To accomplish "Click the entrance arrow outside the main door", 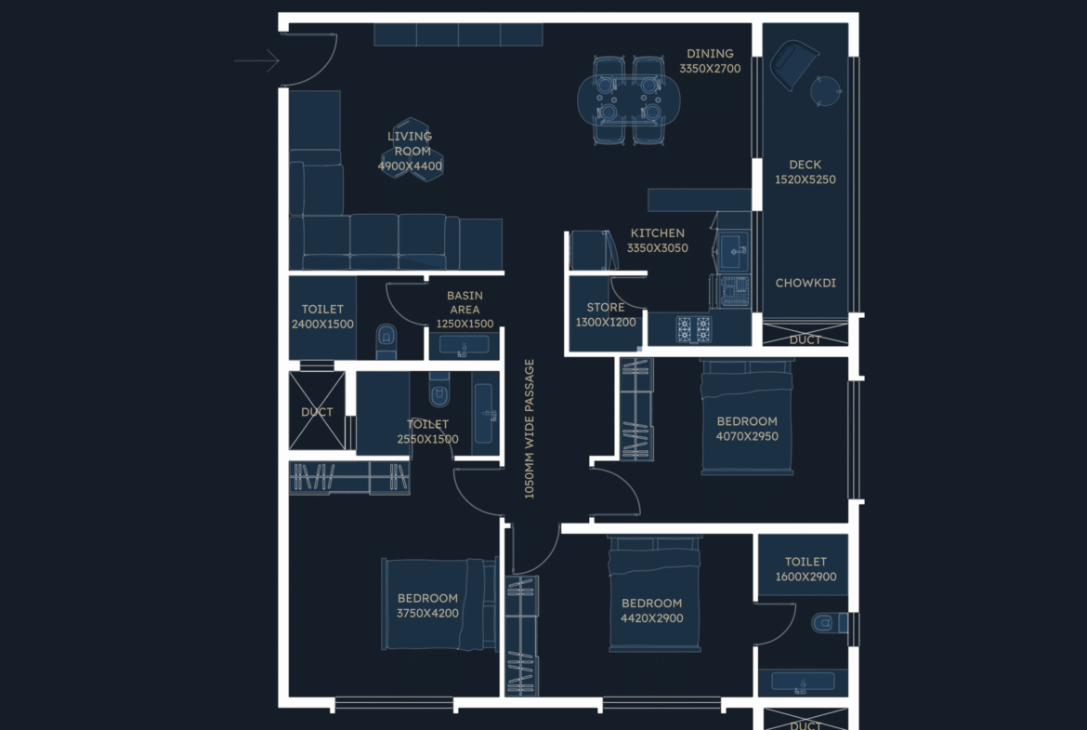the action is pyautogui.click(x=256, y=60).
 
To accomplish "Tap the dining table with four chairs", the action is pyautogui.click(x=629, y=100).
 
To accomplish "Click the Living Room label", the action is pyautogui.click(x=410, y=143).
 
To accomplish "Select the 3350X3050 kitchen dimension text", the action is pyautogui.click(x=657, y=247).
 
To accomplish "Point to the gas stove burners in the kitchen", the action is pyautogui.click(x=694, y=328).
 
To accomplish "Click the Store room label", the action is pyautogui.click(x=605, y=307).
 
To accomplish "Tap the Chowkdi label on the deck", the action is pyautogui.click(x=805, y=283).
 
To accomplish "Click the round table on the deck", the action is pyautogui.click(x=825, y=91).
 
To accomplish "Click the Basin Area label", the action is pyautogui.click(x=465, y=302).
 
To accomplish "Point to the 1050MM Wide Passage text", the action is pyautogui.click(x=530, y=429).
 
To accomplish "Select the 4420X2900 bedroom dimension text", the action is pyautogui.click(x=651, y=618).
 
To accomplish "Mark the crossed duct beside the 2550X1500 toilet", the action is pyautogui.click(x=317, y=411).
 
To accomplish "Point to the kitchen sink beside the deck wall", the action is pyautogui.click(x=733, y=250).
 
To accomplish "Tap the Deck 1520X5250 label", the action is pyautogui.click(x=805, y=172).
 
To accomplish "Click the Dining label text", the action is pyautogui.click(x=710, y=53).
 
